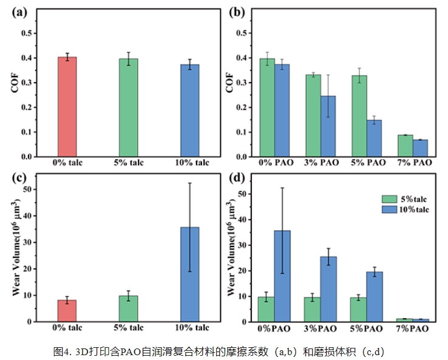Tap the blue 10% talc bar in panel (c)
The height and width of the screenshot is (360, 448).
[190, 274]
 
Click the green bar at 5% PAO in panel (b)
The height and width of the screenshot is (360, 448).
[359, 116]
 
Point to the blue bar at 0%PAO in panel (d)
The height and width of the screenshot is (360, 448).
[282, 276]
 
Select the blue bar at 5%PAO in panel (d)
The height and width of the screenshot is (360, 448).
[374, 296]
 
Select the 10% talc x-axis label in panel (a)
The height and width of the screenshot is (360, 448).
[191, 163]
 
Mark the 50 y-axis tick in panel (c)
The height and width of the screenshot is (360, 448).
[27, 189]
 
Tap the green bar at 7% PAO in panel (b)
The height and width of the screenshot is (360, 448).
[406, 146]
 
